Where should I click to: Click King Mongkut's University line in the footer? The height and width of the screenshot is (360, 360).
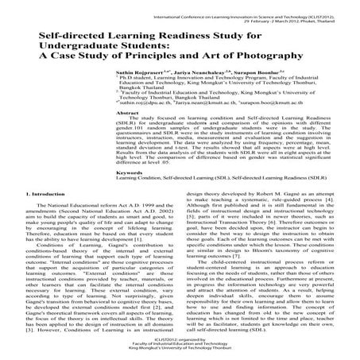click(180, 351)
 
